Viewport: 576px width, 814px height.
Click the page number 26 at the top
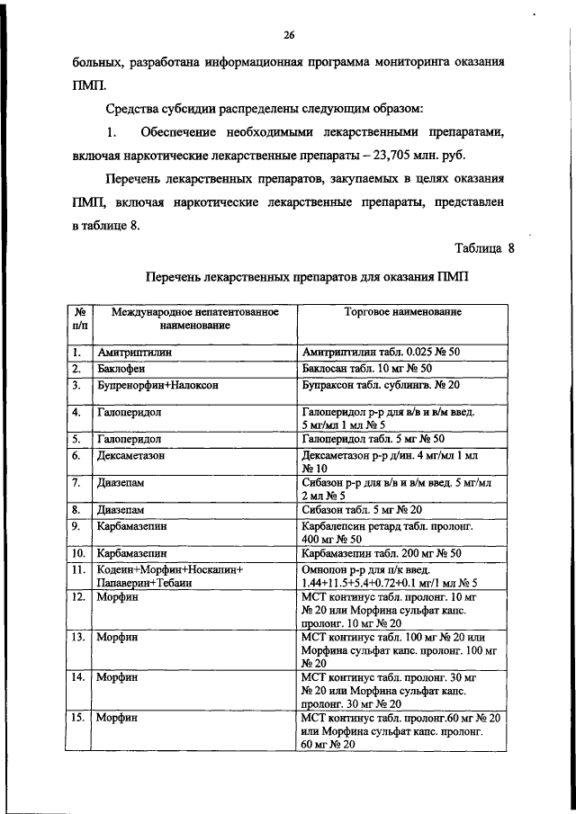[x=289, y=36]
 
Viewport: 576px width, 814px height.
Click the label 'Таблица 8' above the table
[x=483, y=248]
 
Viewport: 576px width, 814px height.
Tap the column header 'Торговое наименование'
[x=403, y=312]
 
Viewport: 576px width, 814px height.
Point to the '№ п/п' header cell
[x=79, y=318]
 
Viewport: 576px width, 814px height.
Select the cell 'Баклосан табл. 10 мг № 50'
[x=367, y=369]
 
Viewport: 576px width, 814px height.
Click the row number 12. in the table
[x=79, y=598]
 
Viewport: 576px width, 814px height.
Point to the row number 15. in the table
[x=79, y=717]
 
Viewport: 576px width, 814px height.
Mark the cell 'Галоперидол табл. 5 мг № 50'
[x=374, y=439]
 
